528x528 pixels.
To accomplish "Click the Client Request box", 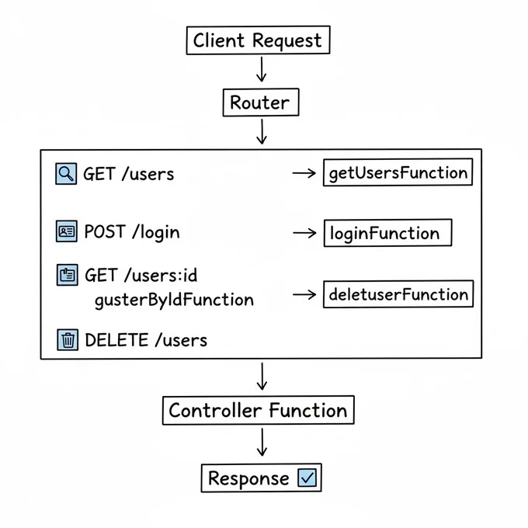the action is [x=259, y=40].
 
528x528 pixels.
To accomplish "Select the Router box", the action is [x=261, y=102].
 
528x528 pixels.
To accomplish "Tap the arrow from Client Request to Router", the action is [x=262, y=69].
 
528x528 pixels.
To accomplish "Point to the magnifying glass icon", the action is [x=66, y=174].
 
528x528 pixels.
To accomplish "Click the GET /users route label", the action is [x=129, y=174].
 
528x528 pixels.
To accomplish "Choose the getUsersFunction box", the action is [x=398, y=172].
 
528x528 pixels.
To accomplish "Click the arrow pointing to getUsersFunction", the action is [x=304, y=173].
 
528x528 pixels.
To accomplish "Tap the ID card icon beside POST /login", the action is [x=67, y=231].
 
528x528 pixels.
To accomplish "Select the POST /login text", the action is [x=132, y=232].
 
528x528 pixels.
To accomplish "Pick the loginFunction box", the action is [x=388, y=233].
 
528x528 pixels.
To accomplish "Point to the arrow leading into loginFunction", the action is [x=304, y=233].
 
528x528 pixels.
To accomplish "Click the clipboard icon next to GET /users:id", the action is [x=68, y=275].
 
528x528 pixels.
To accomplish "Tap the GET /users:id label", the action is [x=141, y=275].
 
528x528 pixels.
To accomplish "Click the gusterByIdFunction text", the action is [x=175, y=300].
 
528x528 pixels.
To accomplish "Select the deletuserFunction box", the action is [x=398, y=294].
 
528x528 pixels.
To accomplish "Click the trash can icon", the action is [x=68, y=340].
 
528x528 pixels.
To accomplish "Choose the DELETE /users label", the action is [x=146, y=340].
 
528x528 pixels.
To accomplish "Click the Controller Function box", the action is [x=259, y=410].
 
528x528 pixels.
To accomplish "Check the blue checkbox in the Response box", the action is [x=307, y=478].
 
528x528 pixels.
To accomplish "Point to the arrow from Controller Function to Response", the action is [x=262, y=442].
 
